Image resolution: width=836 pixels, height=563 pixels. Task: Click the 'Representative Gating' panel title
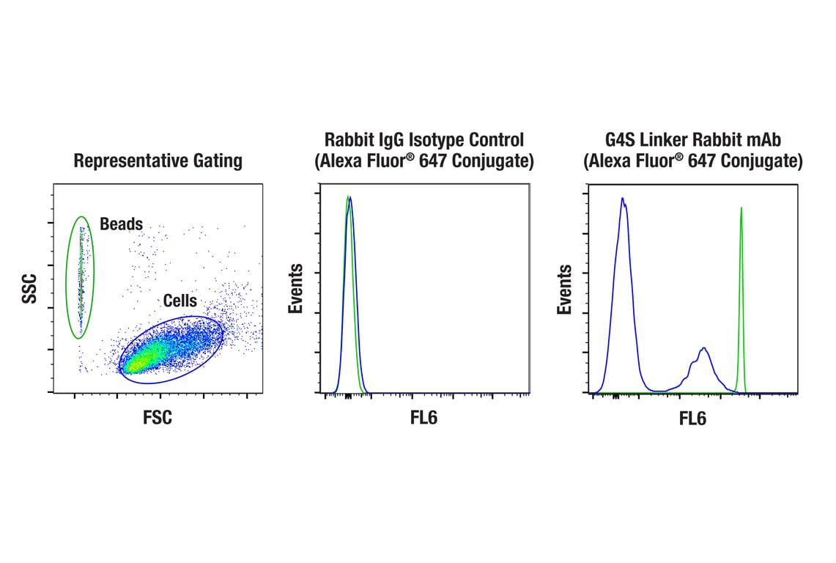(158, 161)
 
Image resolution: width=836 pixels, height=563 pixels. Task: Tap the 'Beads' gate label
(121, 224)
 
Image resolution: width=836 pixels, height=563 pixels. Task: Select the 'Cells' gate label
(180, 301)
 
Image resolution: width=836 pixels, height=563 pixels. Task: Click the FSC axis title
(158, 418)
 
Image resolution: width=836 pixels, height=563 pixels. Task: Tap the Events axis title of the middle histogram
(295, 289)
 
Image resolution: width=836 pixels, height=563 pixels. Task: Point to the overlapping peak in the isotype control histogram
(349, 199)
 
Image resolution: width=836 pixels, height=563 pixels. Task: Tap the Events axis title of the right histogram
(565, 289)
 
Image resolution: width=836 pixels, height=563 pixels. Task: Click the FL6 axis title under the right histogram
(692, 419)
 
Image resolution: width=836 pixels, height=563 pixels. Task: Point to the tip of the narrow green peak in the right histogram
(741, 208)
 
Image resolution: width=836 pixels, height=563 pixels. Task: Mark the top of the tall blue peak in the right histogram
(622, 199)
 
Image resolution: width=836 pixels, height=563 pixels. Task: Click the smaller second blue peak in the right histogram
(704, 349)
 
